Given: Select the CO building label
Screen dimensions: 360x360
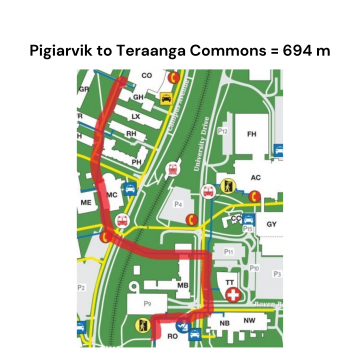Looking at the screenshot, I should [x=147, y=75].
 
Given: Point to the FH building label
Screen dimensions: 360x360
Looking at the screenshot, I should [x=252, y=133].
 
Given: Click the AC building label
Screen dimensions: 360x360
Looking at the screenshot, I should [x=256, y=177].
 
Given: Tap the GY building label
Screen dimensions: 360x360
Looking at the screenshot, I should [x=271, y=225].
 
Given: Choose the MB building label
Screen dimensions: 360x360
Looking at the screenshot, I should [x=183, y=286].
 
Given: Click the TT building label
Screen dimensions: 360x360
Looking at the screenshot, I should [x=230, y=283].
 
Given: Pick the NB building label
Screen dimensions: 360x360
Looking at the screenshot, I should [x=224, y=323].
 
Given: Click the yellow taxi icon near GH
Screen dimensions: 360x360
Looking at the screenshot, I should [x=166, y=99].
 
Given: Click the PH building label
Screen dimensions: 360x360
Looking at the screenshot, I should [x=137, y=161].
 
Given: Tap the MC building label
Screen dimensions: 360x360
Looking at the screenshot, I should [x=112, y=195].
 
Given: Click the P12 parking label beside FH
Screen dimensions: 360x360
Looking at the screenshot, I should [x=224, y=130].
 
